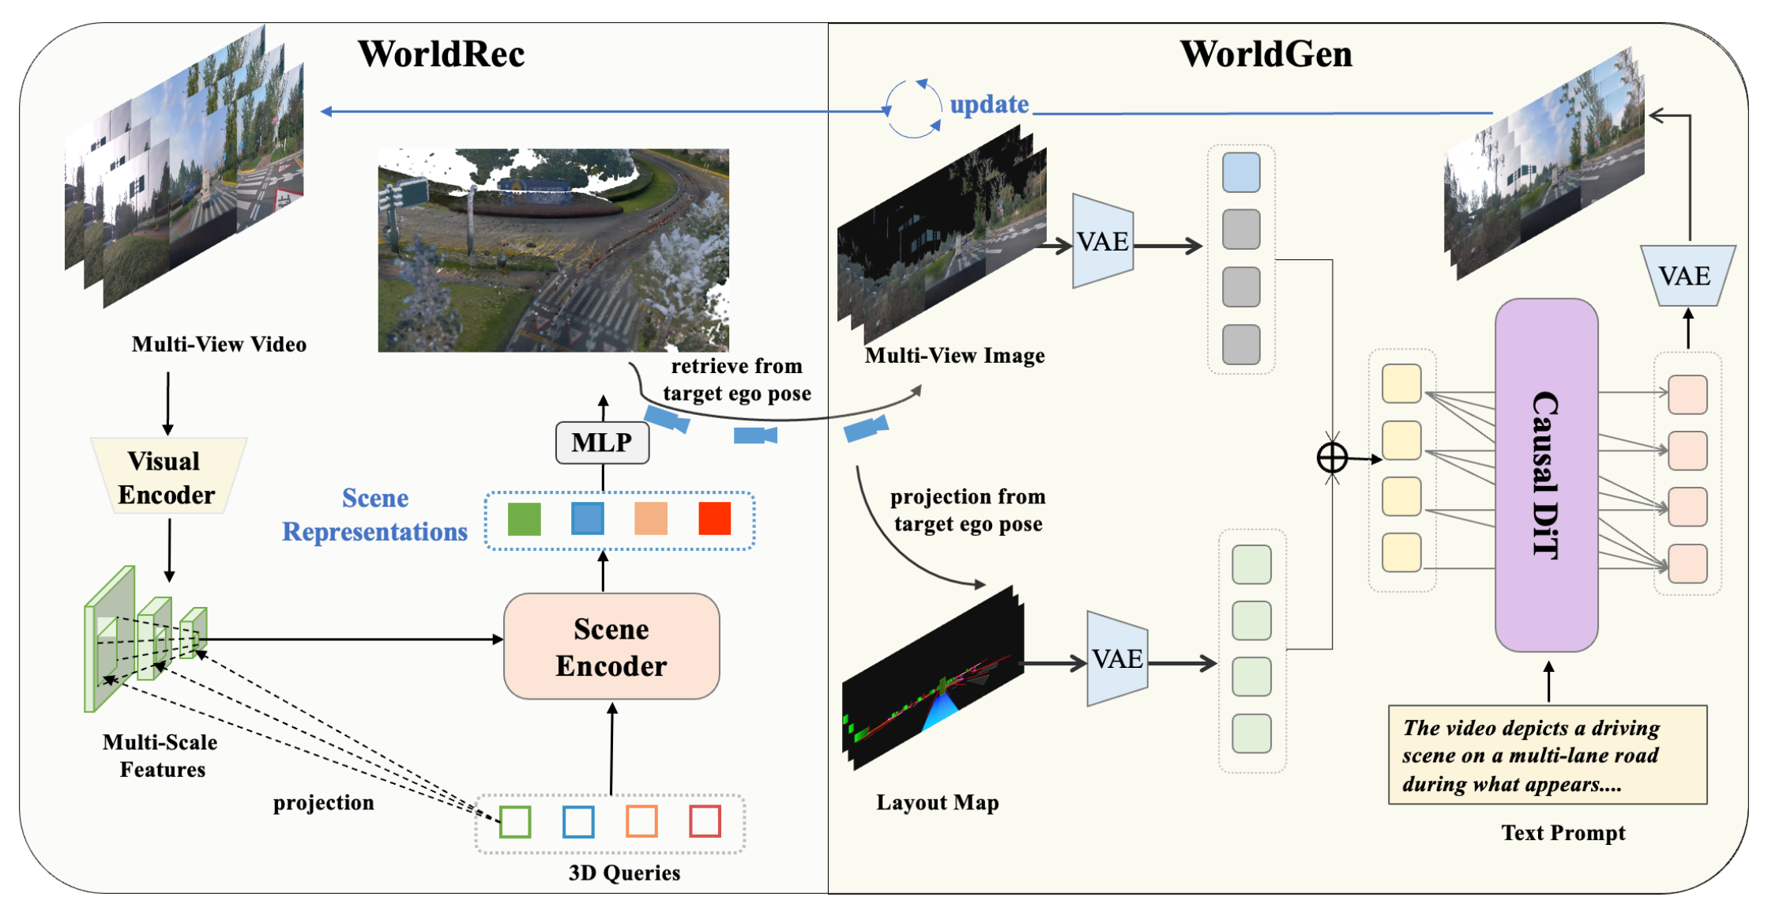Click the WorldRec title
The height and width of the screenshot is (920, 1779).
click(441, 54)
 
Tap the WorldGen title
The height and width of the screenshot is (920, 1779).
click(1266, 54)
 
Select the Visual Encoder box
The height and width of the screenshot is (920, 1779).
click(168, 477)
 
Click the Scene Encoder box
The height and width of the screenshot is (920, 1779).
click(611, 647)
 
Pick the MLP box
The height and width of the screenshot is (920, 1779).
click(603, 443)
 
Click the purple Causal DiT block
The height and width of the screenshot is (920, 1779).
click(1547, 475)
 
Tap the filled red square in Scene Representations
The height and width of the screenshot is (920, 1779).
click(715, 519)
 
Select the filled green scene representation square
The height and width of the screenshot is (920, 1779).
click(525, 519)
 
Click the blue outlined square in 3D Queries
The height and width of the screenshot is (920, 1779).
click(579, 822)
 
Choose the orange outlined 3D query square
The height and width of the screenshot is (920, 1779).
click(641, 822)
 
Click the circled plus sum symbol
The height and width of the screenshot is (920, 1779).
click(1332, 458)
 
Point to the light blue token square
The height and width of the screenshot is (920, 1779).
click(1241, 172)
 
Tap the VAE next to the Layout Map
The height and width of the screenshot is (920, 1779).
click(1117, 658)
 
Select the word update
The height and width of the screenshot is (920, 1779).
click(989, 104)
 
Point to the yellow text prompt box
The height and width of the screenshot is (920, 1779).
click(1548, 755)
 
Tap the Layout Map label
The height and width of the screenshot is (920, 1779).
click(938, 802)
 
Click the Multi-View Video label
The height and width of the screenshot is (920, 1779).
click(219, 344)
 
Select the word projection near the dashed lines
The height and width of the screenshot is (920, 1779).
click(324, 803)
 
